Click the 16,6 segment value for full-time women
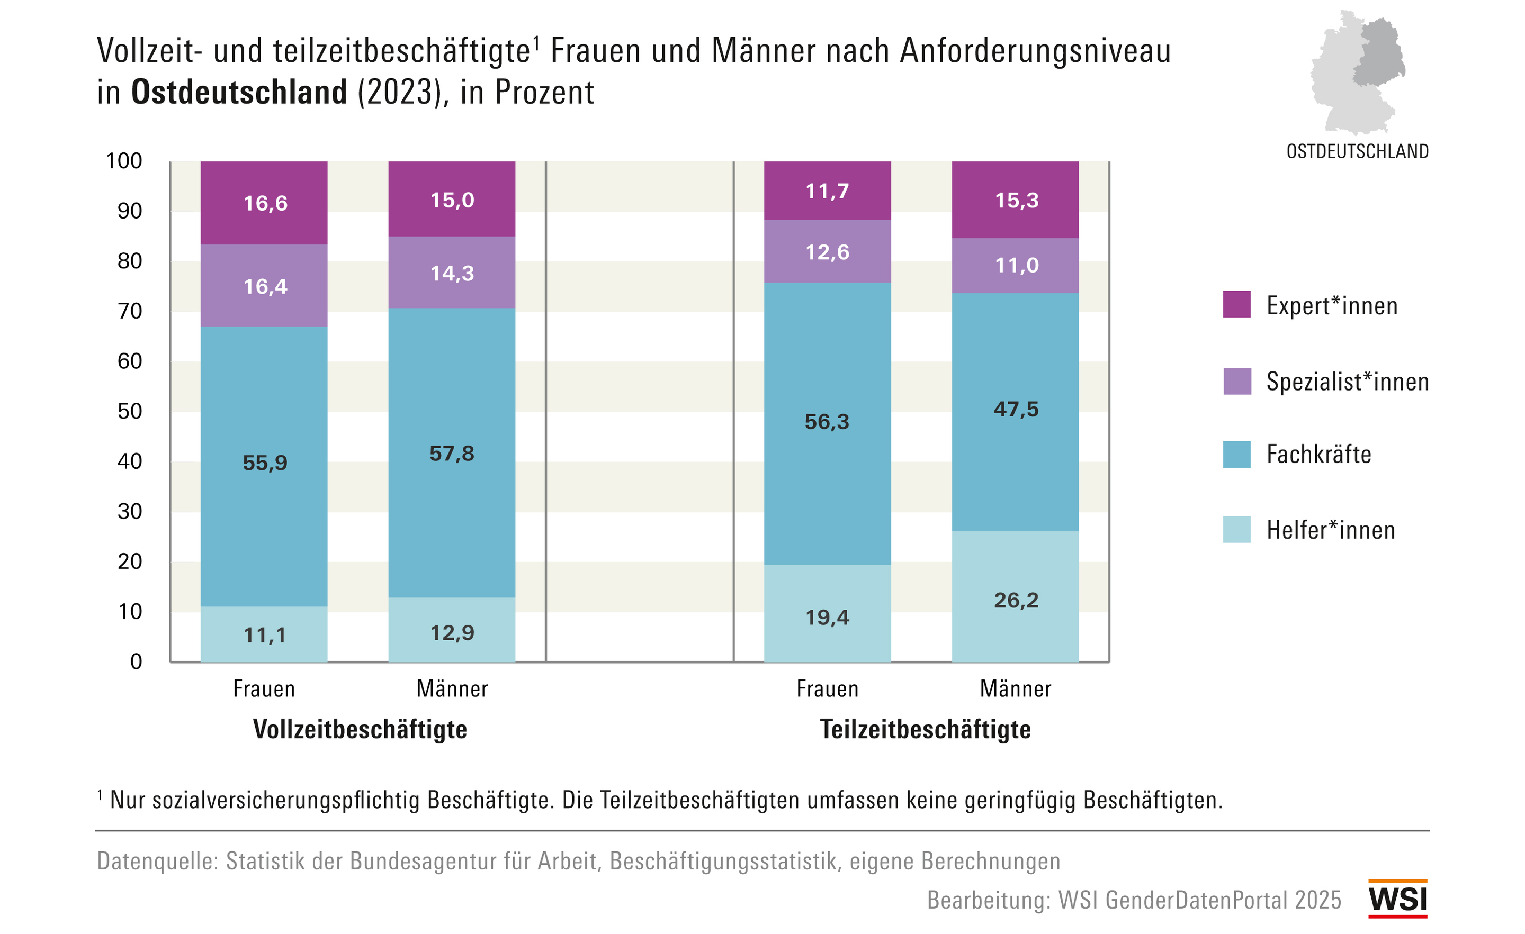coord(265,204)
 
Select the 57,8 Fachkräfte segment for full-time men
coord(452,454)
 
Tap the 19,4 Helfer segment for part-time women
coord(827,618)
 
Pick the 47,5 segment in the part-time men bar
coord(1016,410)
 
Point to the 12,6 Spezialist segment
coord(827,252)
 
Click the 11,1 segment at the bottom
coord(265,635)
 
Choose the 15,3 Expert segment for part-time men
coord(1016,201)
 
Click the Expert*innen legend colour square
coord(1236,304)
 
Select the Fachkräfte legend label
coord(1318,455)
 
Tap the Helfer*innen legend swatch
coord(1236,530)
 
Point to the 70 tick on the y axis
coord(130,311)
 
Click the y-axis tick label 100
coord(124,161)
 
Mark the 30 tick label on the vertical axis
coord(130,512)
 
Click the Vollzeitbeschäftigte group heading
coord(360,729)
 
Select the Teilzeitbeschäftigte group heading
coord(925,729)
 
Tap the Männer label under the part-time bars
coord(1015,689)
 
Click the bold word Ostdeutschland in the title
coord(239,93)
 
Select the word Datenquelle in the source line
coord(157,861)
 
